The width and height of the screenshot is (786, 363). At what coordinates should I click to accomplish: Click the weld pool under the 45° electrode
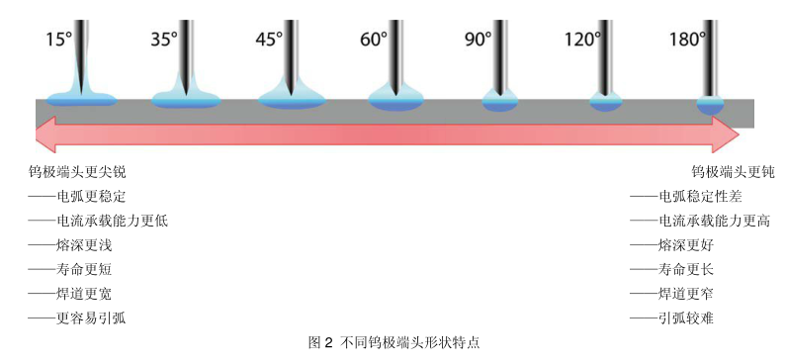tap(293, 98)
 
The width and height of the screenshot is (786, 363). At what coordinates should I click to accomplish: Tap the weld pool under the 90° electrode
tap(500, 99)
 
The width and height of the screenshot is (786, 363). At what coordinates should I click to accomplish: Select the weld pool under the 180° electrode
tap(710, 103)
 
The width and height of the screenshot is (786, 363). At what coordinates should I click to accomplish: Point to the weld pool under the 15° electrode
tap(81, 97)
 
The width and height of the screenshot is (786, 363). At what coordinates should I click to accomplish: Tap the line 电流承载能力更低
tap(98, 221)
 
